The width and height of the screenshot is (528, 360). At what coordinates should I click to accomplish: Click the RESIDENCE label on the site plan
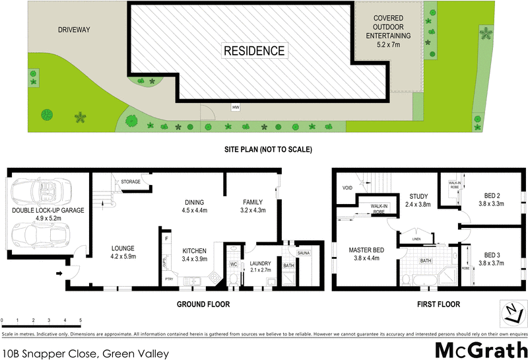(x=254, y=51)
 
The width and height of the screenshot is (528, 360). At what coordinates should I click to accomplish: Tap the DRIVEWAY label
(x=74, y=29)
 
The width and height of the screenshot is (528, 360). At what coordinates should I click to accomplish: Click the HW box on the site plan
(x=235, y=107)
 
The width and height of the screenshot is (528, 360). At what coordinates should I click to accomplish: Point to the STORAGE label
(x=131, y=181)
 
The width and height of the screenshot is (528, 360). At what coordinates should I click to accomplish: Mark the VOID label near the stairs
(x=348, y=188)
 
